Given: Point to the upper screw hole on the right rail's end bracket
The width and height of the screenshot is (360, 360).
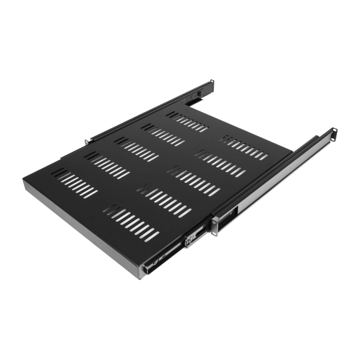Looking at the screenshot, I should [335, 131].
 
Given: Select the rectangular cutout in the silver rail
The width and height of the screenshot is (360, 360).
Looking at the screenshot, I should [233, 211].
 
